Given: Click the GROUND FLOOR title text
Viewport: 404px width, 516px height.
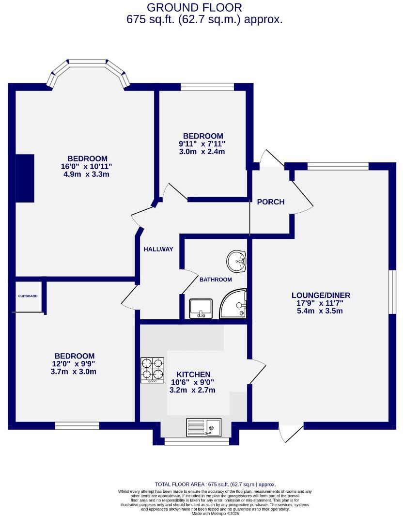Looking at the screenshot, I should [x=194, y=7].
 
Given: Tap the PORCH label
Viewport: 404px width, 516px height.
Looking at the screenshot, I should [x=270, y=202].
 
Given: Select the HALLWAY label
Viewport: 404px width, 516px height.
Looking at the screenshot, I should [x=158, y=249].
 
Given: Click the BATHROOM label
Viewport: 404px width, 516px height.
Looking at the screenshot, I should [x=216, y=279].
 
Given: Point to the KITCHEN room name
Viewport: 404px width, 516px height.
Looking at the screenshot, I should [x=193, y=374].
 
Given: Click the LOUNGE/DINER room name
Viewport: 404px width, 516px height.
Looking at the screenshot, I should [x=320, y=295].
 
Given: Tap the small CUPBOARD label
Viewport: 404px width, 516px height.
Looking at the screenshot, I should [x=28, y=296].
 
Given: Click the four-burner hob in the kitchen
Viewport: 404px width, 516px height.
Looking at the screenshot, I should [x=153, y=371].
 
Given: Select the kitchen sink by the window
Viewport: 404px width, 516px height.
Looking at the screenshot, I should [x=203, y=427].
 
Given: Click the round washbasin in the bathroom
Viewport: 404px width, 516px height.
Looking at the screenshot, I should [x=237, y=262].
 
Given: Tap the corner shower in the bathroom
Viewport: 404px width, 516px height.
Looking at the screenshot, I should [x=234, y=304].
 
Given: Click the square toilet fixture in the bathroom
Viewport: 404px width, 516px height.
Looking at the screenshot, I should [x=201, y=309].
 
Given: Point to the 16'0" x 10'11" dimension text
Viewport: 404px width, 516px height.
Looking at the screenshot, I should [x=87, y=166].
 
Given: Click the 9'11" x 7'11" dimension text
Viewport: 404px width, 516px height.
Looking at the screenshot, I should [x=202, y=144].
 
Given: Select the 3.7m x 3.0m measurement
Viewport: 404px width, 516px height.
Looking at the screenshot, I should [x=74, y=372].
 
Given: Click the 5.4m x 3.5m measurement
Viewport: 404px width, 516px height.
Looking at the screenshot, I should [x=320, y=311].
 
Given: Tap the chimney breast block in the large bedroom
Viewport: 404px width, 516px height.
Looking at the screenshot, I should [x=25, y=178].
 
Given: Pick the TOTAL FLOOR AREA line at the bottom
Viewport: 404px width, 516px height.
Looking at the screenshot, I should [x=215, y=484].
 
